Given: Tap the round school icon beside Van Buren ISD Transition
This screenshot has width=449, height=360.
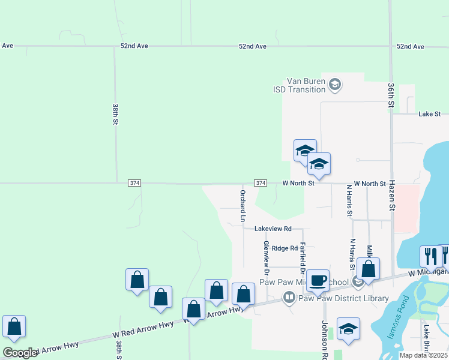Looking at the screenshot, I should [x=335, y=85].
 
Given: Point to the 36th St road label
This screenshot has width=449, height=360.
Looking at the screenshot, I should [x=391, y=95].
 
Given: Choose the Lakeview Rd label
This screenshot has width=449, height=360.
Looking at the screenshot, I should [x=273, y=229].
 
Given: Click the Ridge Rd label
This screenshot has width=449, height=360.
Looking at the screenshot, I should [x=285, y=248].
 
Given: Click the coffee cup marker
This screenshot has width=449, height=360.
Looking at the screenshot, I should [x=318, y=280].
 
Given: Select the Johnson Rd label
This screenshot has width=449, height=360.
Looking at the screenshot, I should [x=325, y=337].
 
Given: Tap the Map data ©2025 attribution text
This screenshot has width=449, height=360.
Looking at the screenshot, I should [x=423, y=355].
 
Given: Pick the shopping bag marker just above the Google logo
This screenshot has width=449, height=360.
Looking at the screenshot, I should [x=14, y=326].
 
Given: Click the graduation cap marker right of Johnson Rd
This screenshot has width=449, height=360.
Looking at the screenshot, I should [x=348, y=329].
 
